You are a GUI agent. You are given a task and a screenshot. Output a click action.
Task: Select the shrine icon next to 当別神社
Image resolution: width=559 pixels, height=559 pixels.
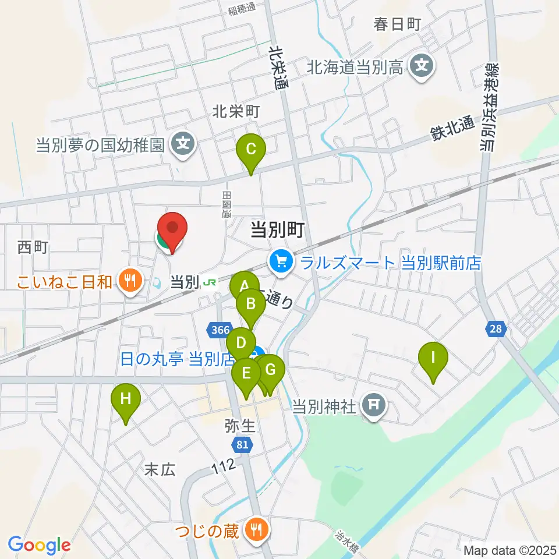[373, 405]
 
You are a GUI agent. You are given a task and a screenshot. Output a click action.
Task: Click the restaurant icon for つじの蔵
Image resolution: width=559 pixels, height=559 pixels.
[256, 529]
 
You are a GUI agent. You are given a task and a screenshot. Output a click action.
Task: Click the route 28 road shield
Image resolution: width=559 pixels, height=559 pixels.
[496, 330]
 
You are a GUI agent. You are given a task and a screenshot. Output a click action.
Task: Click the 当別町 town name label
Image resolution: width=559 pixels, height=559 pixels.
[277, 231]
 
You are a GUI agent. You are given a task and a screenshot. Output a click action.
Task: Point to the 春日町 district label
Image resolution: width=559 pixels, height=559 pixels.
[397, 24]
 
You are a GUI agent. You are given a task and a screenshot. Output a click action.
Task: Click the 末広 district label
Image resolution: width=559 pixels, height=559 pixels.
[160, 470]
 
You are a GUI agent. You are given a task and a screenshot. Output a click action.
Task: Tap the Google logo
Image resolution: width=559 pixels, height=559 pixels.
[40, 546]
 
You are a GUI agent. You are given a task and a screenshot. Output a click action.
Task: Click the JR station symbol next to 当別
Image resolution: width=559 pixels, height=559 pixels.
[210, 282]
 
